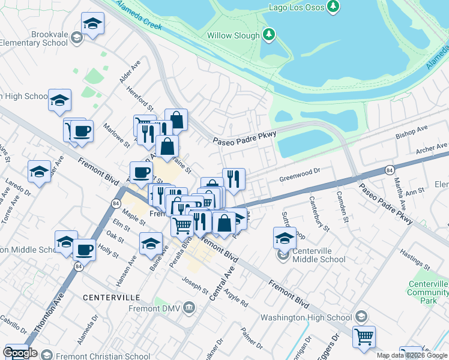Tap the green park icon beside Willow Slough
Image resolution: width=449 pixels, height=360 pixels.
tap(270, 35)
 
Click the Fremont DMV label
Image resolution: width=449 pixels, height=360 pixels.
tap(152, 309)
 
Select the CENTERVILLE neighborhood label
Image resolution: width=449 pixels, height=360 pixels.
tap(111, 298)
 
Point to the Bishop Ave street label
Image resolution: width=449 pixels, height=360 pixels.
tap(411, 133)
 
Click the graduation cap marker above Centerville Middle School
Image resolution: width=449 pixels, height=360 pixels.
tap(285, 238)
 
